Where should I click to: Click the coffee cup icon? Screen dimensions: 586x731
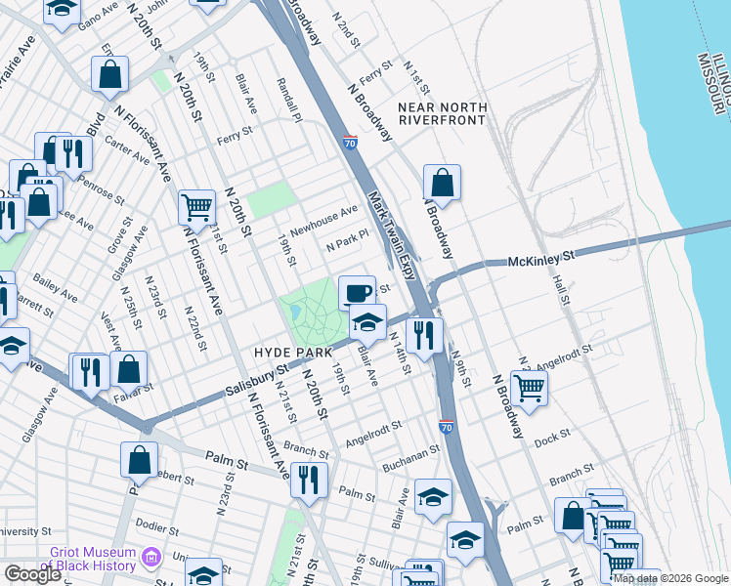point(357,292)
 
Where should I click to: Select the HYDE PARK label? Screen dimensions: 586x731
point(294,351)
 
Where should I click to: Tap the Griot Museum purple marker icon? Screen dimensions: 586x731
point(150,558)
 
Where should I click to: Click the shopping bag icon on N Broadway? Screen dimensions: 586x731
point(442,182)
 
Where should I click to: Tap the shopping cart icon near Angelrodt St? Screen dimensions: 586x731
point(529,387)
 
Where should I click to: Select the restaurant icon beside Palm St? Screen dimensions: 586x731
point(309,480)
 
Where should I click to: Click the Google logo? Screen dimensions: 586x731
point(32,574)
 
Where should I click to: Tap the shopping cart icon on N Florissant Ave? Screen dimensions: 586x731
point(196,207)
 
